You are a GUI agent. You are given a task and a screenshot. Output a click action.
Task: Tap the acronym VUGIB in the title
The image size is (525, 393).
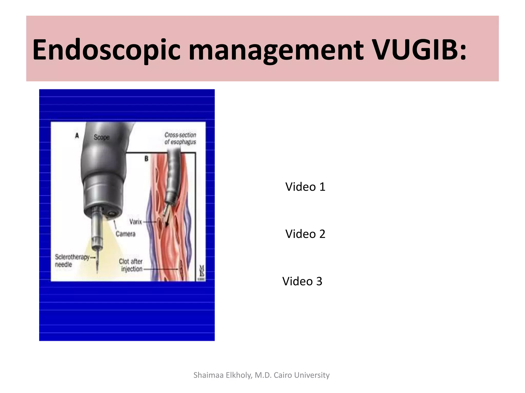coord(415,50)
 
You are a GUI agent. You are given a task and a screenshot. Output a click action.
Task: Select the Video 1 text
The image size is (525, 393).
coord(305,187)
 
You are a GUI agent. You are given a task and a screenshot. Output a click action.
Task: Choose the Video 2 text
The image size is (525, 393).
coord(305,234)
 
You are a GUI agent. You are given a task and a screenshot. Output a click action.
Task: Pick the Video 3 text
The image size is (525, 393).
coord(302,281)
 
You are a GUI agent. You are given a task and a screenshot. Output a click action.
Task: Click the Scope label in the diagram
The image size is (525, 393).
coord(102,137)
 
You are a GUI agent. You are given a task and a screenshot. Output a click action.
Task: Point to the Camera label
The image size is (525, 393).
coord(125,234)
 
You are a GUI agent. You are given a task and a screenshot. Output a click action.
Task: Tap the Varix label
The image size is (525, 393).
coord(136,222)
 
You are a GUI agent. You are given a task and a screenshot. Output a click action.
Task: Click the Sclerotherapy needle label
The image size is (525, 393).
coord(72,260)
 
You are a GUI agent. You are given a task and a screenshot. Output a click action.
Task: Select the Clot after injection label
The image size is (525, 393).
coord(132,265)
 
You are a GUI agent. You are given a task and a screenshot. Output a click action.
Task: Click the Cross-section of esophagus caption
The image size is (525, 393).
coord(180,138)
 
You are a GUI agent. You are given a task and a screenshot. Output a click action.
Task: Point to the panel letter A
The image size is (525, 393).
coord(77,136)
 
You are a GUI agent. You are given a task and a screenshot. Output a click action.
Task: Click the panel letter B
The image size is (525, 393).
coord(146,159)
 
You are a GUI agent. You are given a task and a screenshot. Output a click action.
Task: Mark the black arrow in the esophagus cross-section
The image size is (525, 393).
coord(167,223)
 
